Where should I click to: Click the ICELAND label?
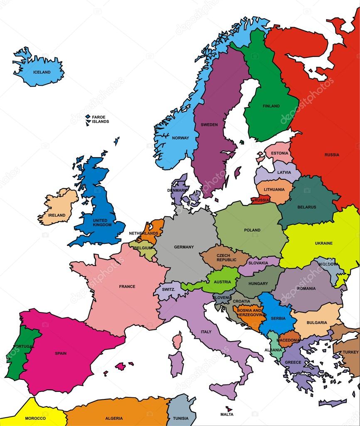[x=42, y=72]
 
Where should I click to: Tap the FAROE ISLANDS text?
[x=100, y=119]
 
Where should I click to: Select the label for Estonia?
[x=279, y=153]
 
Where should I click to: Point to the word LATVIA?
[x=284, y=172]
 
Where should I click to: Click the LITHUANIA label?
[x=274, y=190]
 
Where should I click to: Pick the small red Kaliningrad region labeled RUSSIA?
[x=261, y=200]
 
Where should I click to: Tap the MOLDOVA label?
[x=328, y=264]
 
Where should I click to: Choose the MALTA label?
[x=227, y=414]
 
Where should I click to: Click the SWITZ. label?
[x=168, y=290]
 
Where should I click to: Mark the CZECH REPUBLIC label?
[x=226, y=258]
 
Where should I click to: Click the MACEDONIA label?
[x=288, y=340]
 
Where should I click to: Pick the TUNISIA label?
[x=181, y=418]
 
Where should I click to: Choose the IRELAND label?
[x=57, y=215]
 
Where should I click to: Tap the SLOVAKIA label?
[x=258, y=263]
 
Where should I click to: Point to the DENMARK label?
[x=178, y=190]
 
